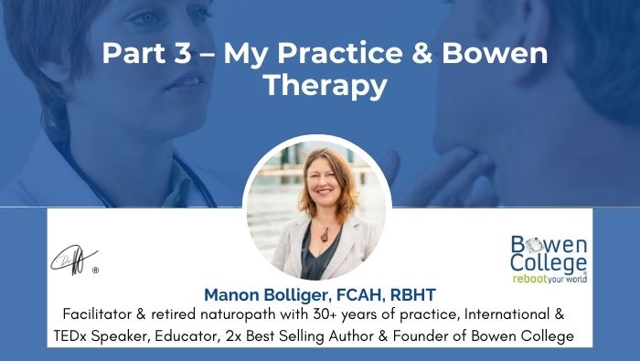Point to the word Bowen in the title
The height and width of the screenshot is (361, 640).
click(493, 52)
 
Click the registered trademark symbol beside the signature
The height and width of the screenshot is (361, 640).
click(95, 271)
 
